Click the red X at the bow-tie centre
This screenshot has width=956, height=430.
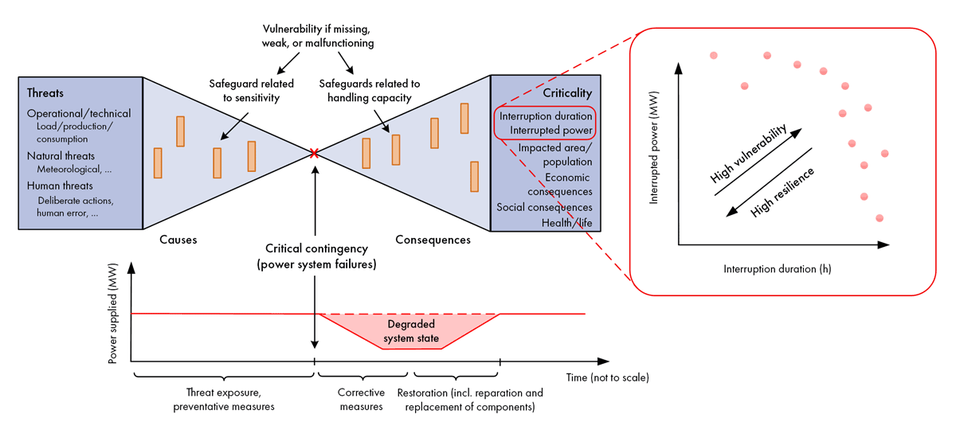click(315, 153)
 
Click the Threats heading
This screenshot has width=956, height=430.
click(45, 92)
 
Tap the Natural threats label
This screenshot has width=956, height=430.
click(61, 155)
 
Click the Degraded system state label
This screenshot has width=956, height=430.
click(410, 332)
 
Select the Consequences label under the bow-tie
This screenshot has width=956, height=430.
click(433, 239)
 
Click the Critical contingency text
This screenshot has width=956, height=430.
click(315, 248)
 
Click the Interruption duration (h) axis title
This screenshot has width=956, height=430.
click(777, 268)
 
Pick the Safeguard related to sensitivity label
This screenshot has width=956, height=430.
click(251, 90)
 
